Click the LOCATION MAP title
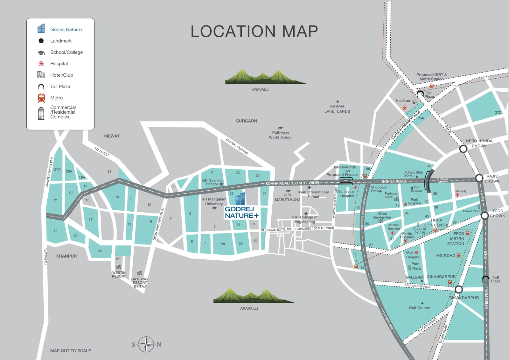point(254,32)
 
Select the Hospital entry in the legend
point(59,64)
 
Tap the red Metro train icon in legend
point(41,98)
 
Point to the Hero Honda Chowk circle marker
point(463,149)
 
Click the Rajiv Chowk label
point(492,179)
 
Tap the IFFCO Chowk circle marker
point(485,215)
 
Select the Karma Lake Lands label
point(337,109)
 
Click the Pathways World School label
point(281,135)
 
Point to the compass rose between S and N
point(146,344)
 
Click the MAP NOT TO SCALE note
point(71,351)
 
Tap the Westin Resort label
point(119,274)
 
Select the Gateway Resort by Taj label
point(140,283)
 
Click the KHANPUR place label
point(66,256)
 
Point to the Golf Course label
point(419,308)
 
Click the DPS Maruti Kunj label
point(287,197)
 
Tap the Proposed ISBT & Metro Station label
point(431,77)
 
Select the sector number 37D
point(498,112)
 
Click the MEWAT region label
point(112,136)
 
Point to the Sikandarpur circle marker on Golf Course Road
point(458,289)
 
